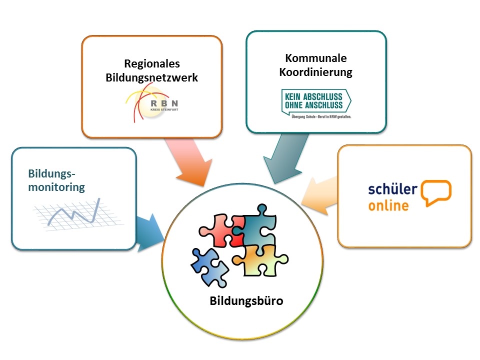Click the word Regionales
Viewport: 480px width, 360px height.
(152, 64)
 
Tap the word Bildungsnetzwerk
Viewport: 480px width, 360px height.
(152, 78)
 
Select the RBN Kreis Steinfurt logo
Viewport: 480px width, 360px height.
(152, 103)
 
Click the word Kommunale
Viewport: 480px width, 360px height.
(316, 58)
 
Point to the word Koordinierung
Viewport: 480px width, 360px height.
(316, 72)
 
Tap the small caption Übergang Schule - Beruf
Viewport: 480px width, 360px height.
(321, 116)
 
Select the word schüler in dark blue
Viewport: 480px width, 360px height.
(393, 189)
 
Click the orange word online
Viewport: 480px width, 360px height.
(388, 205)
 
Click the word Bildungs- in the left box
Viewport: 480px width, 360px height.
(51, 173)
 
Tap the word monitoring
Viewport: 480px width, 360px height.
(56, 187)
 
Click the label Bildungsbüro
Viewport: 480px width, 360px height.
(246, 301)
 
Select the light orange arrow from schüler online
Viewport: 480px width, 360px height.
(318, 196)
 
